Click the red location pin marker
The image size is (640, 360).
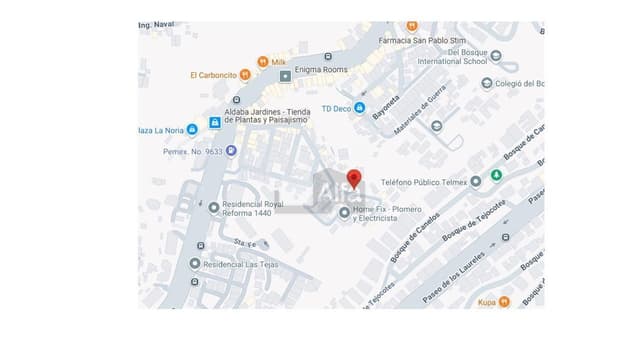[x=353, y=180]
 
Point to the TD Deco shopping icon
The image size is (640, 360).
[x=360, y=108]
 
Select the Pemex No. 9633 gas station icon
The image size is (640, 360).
[x=231, y=151]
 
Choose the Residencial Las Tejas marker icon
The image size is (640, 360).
[x=195, y=264]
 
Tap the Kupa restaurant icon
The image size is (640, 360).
[x=504, y=300]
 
